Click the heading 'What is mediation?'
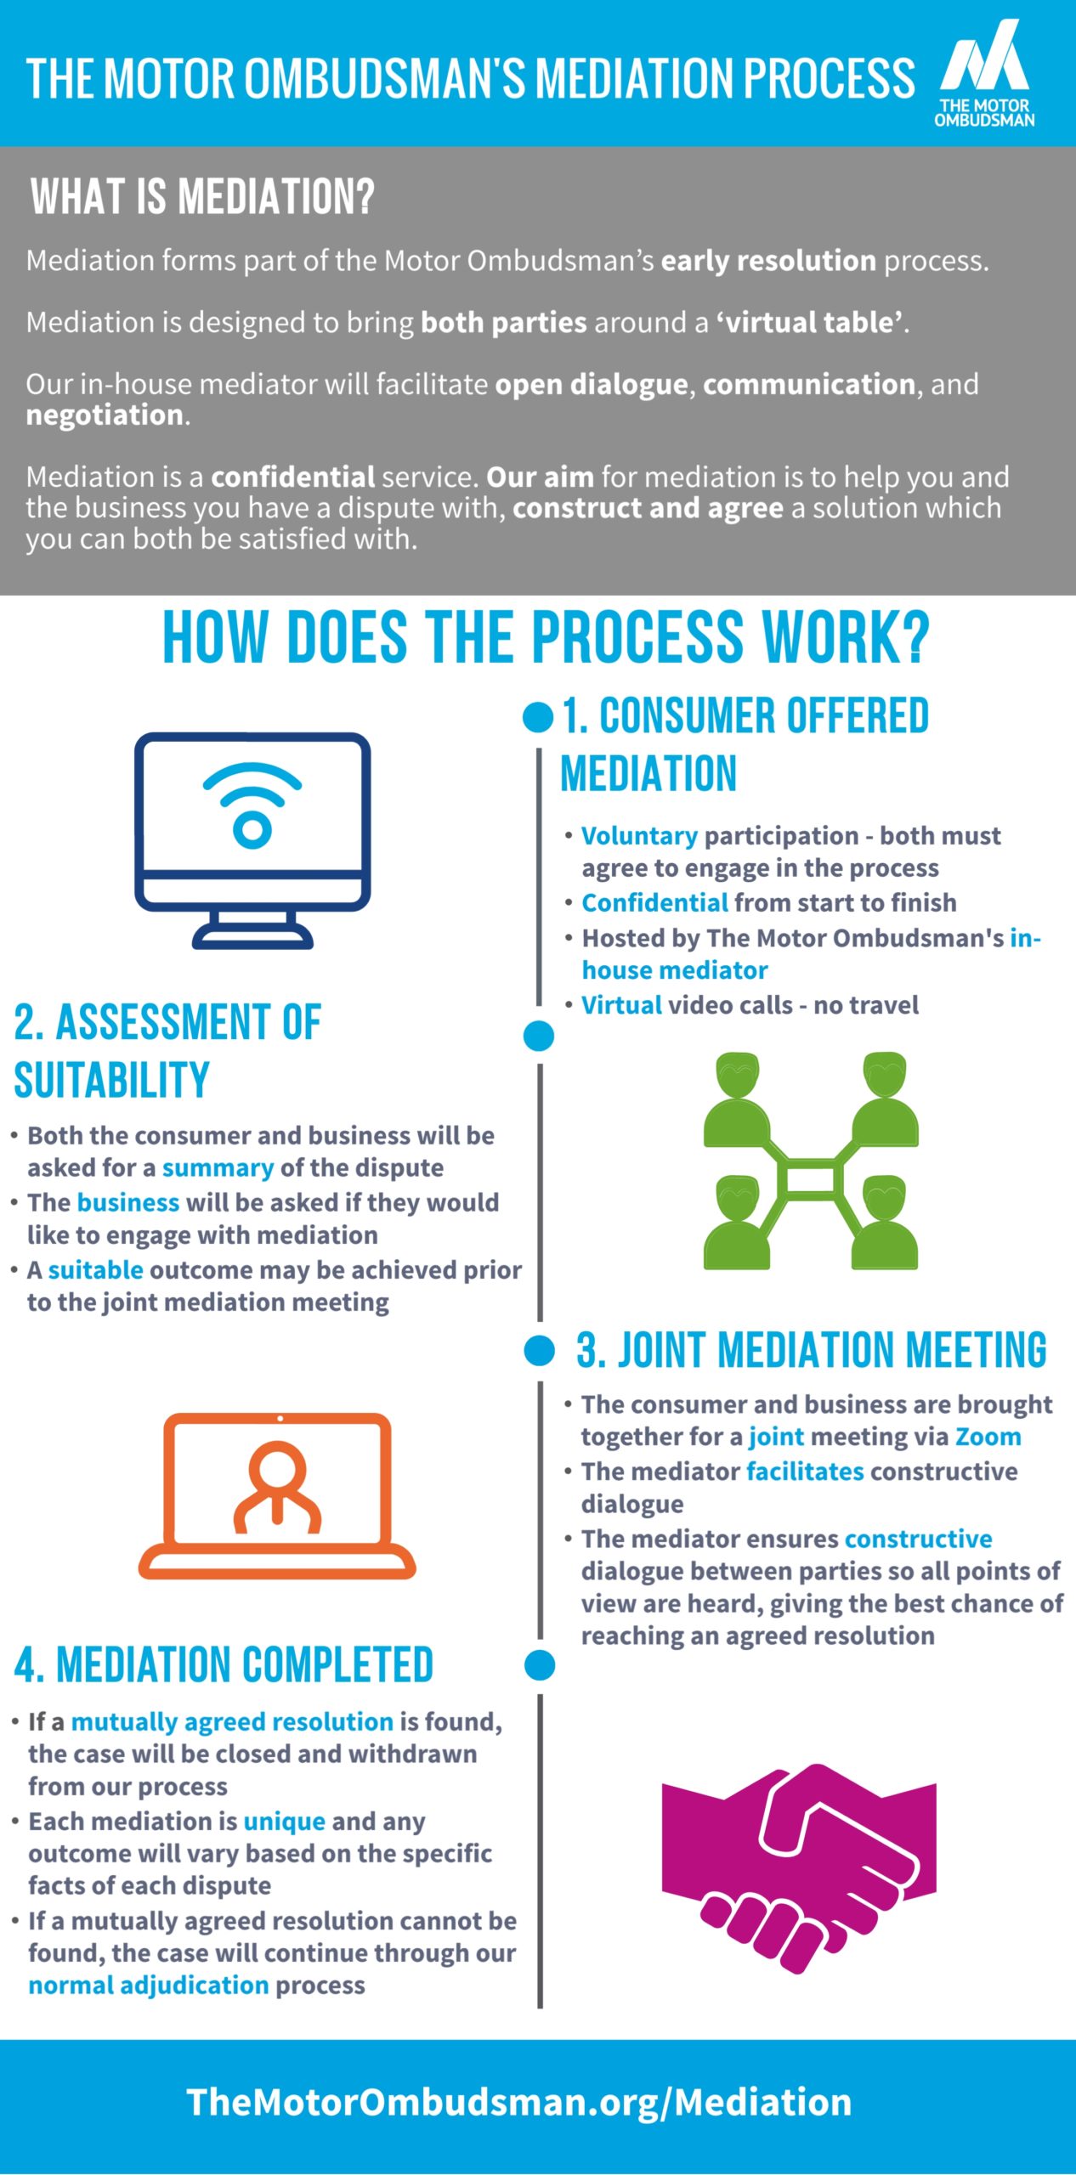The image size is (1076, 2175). point(202,196)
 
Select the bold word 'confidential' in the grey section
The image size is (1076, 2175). point(293,477)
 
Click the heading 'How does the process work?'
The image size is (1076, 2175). point(546,637)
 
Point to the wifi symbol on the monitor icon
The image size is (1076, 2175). point(252,804)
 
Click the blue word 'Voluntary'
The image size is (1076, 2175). point(639,836)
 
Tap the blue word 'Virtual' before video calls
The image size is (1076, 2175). point(621,1005)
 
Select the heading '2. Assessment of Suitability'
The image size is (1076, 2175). point(167,1050)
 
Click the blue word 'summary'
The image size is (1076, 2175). point(218,1168)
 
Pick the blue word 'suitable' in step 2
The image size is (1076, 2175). point(95,1269)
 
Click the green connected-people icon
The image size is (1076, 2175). point(811,1161)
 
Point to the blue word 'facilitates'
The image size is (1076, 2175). point(805,1471)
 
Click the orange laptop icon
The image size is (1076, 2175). point(277,1496)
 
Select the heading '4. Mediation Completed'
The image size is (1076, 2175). point(224,1664)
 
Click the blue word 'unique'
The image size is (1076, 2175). point(284,1822)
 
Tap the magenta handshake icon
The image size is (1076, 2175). point(799,1868)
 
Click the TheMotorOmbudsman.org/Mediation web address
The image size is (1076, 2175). point(519,2102)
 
